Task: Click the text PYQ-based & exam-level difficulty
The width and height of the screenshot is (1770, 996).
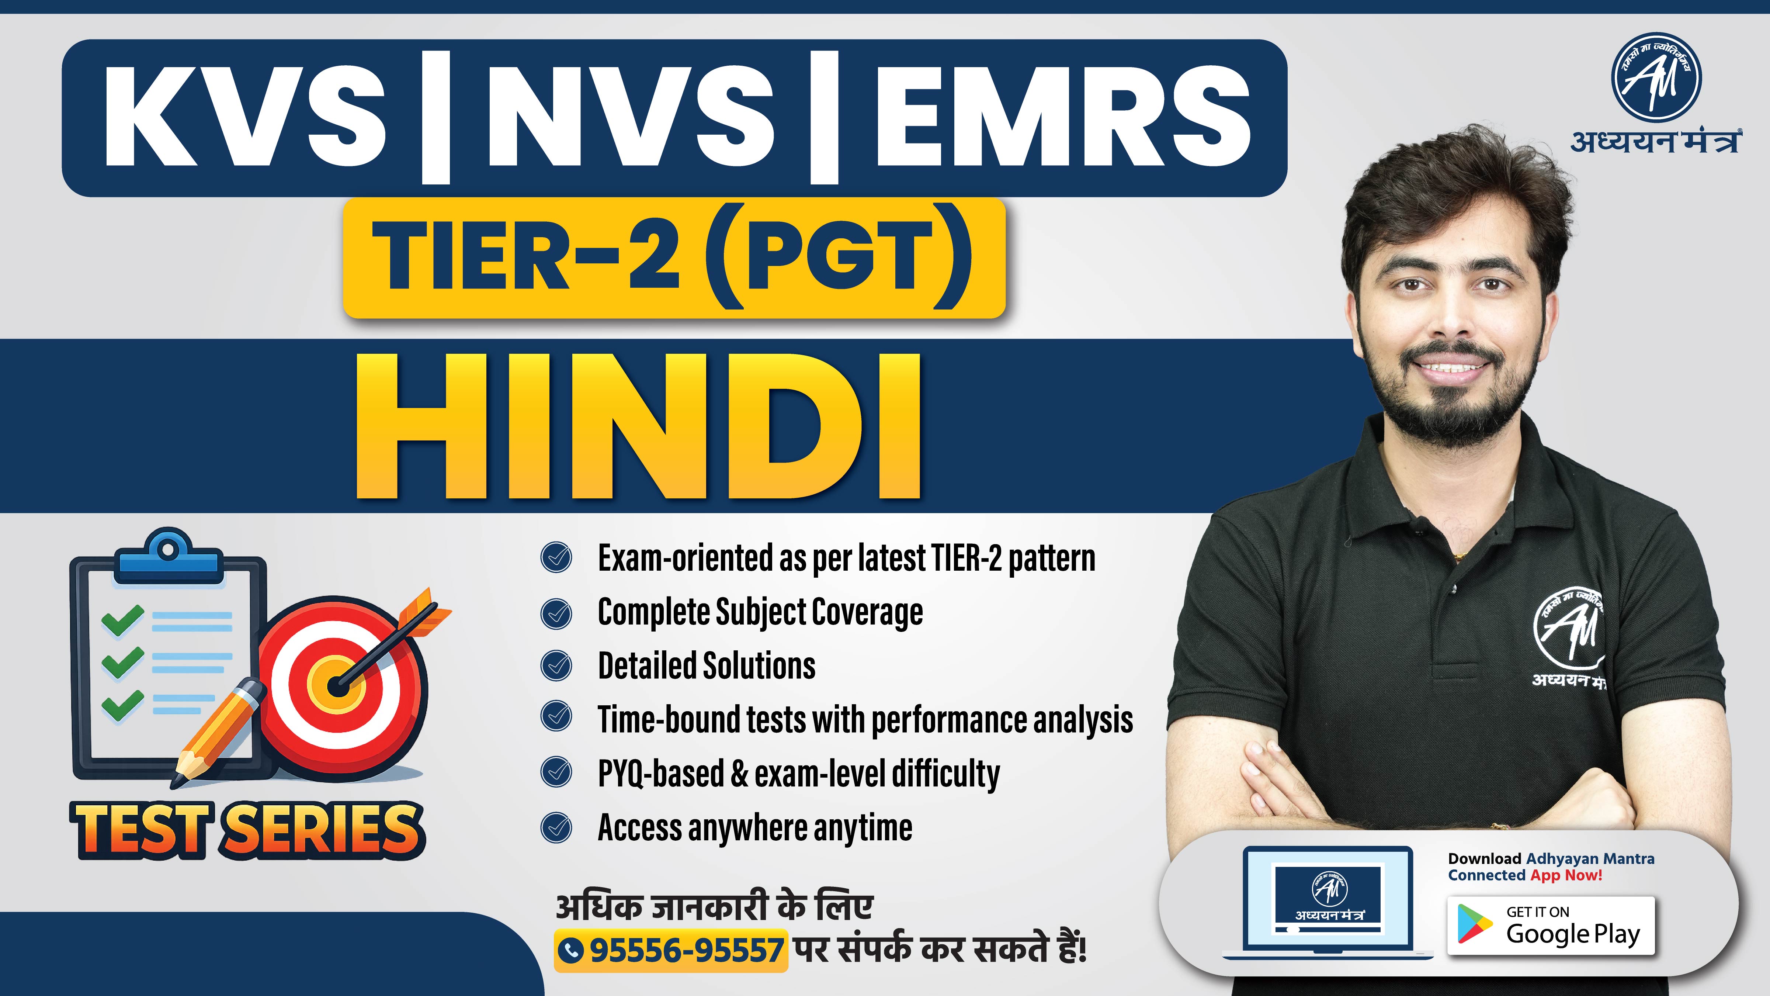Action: point(798,773)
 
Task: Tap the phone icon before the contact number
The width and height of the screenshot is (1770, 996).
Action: point(571,951)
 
